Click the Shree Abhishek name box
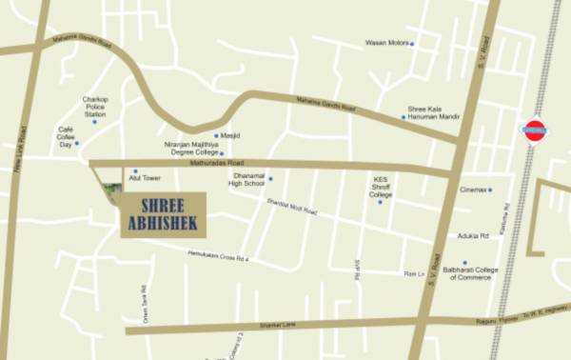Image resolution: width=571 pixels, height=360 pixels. pos(160,212)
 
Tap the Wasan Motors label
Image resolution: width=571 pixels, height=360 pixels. pos(387,43)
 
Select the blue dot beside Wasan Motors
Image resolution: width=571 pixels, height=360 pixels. pos(412,43)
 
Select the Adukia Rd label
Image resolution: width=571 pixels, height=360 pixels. pos(472,235)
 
